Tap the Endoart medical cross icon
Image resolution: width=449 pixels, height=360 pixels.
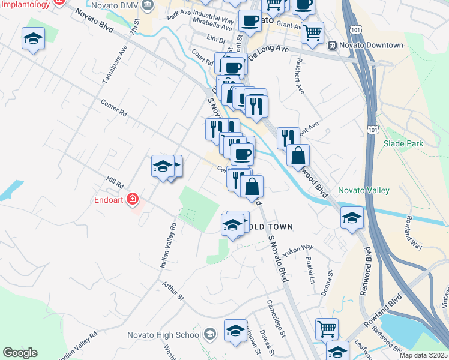pos(133,199)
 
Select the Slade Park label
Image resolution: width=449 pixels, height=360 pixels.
pos(403,143)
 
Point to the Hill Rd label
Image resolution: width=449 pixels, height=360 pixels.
pos(115,182)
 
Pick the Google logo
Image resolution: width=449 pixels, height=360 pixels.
pos(20,353)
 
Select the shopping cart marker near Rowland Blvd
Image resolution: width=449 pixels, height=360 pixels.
pos(327,328)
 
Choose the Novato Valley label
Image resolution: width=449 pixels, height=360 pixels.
pos(364,190)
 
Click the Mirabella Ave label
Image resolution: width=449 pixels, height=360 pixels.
pos(213,28)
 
